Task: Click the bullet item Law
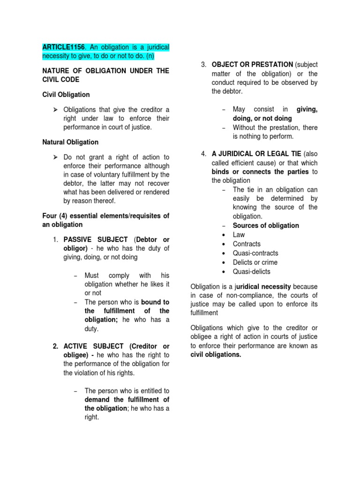coord(239,234)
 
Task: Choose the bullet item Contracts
coord(247,244)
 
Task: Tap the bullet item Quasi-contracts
coord(256,253)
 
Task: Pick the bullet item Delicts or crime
coord(255,262)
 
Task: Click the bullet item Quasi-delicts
coord(251,272)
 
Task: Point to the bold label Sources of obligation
coord(266,225)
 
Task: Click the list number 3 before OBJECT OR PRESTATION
coord(203,64)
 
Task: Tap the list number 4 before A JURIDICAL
coord(203,154)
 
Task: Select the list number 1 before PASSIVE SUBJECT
coord(55,240)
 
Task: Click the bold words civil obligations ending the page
coord(216,355)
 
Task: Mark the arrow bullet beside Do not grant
coord(55,157)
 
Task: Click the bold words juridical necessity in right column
coord(265,286)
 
